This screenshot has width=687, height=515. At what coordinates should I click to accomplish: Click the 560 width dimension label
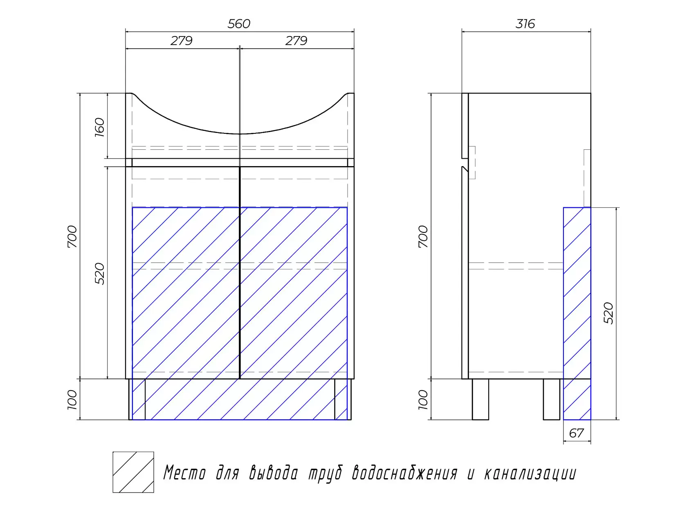pyautogui.click(x=238, y=24)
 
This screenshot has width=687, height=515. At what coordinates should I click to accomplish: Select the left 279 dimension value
pyautogui.click(x=181, y=40)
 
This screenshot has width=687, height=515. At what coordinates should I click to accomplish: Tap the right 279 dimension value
pyautogui.click(x=296, y=40)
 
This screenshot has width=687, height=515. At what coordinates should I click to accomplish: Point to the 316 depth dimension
pyautogui.click(x=525, y=24)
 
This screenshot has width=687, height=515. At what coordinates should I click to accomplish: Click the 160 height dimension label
pyautogui.click(x=99, y=127)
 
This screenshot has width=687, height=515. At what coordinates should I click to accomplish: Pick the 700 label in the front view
pyautogui.click(x=72, y=237)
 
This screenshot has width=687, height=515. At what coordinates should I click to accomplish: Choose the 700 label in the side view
pyautogui.click(x=423, y=237)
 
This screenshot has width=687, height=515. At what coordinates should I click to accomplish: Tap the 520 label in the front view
pyautogui.click(x=99, y=274)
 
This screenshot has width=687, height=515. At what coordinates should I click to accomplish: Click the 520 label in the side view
pyautogui.click(x=608, y=313)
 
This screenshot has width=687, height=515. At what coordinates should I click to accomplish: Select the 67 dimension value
pyautogui.click(x=576, y=433)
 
